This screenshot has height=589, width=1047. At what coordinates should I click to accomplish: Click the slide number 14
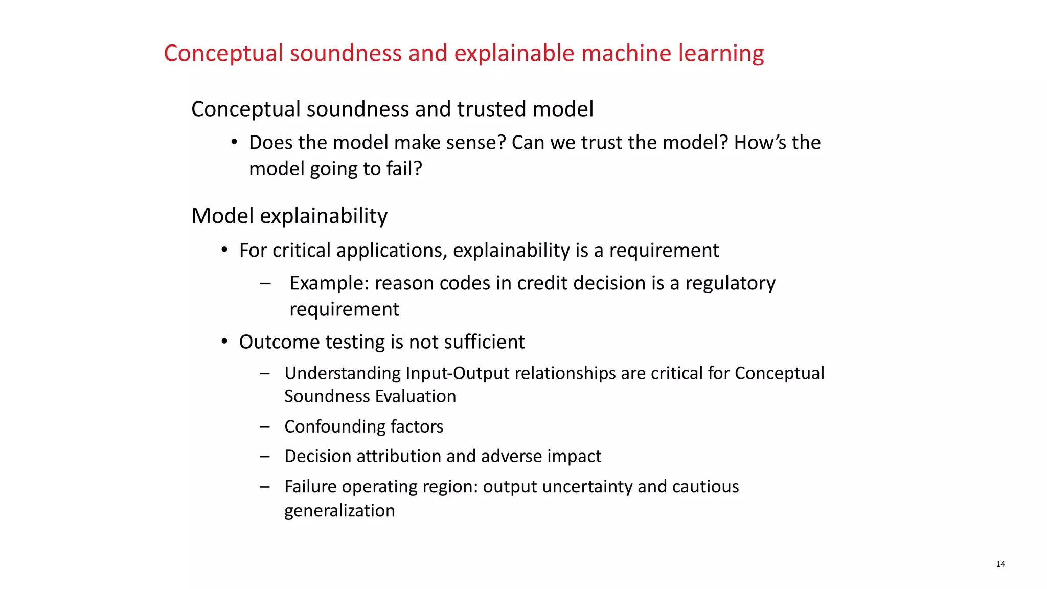[x=1000, y=564]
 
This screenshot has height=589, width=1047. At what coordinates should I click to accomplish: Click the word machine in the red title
[x=626, y=53]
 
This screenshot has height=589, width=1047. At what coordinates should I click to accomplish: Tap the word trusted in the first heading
[x=491, y=109]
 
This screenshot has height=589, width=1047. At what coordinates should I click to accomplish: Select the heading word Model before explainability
[x=222, y=216]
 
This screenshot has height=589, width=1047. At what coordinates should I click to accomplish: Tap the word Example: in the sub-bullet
[x=329, y=283]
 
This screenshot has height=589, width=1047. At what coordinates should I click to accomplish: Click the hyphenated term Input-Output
[x=458, y=373]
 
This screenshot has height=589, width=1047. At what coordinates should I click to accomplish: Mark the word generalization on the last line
[x=339, y=510]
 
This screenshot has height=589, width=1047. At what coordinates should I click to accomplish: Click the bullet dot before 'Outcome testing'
[x=224, y=341]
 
